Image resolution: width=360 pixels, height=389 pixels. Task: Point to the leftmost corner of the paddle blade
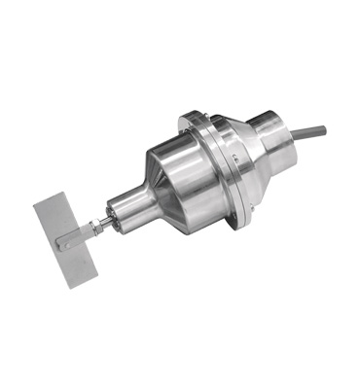click(35, 205)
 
